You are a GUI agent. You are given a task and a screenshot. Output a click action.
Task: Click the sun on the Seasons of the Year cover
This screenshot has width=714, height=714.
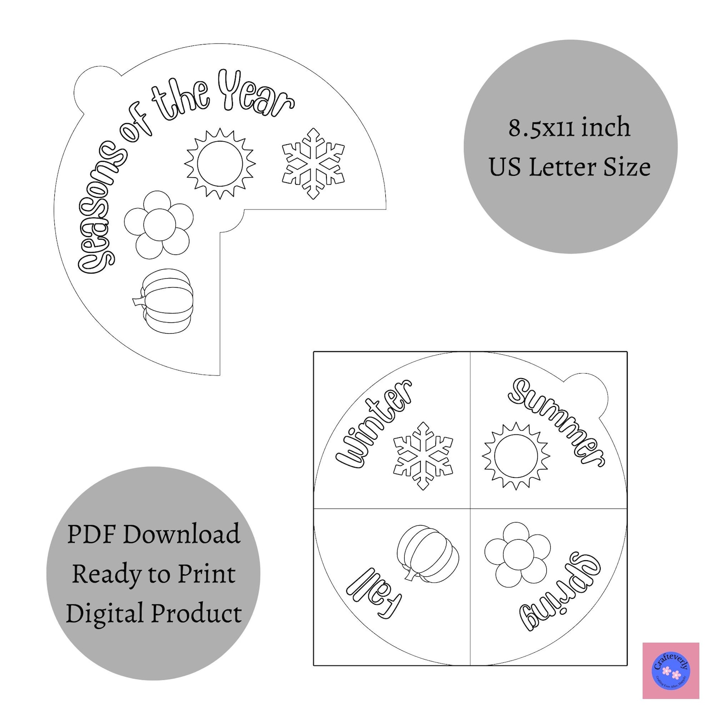coord(220,163)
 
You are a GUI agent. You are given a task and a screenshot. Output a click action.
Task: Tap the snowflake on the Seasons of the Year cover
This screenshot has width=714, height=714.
coord(313,164)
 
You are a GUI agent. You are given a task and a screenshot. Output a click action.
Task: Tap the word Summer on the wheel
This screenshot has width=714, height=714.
coord(557,422)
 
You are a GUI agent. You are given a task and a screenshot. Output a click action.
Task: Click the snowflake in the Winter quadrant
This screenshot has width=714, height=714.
coord(423,455)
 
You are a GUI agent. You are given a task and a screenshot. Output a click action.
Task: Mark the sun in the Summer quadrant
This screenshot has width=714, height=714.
coord(516,455)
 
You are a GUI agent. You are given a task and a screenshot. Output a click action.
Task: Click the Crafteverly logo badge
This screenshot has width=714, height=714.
coord(671,670)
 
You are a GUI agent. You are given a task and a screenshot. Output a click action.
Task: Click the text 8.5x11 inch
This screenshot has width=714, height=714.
coord(569,127)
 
